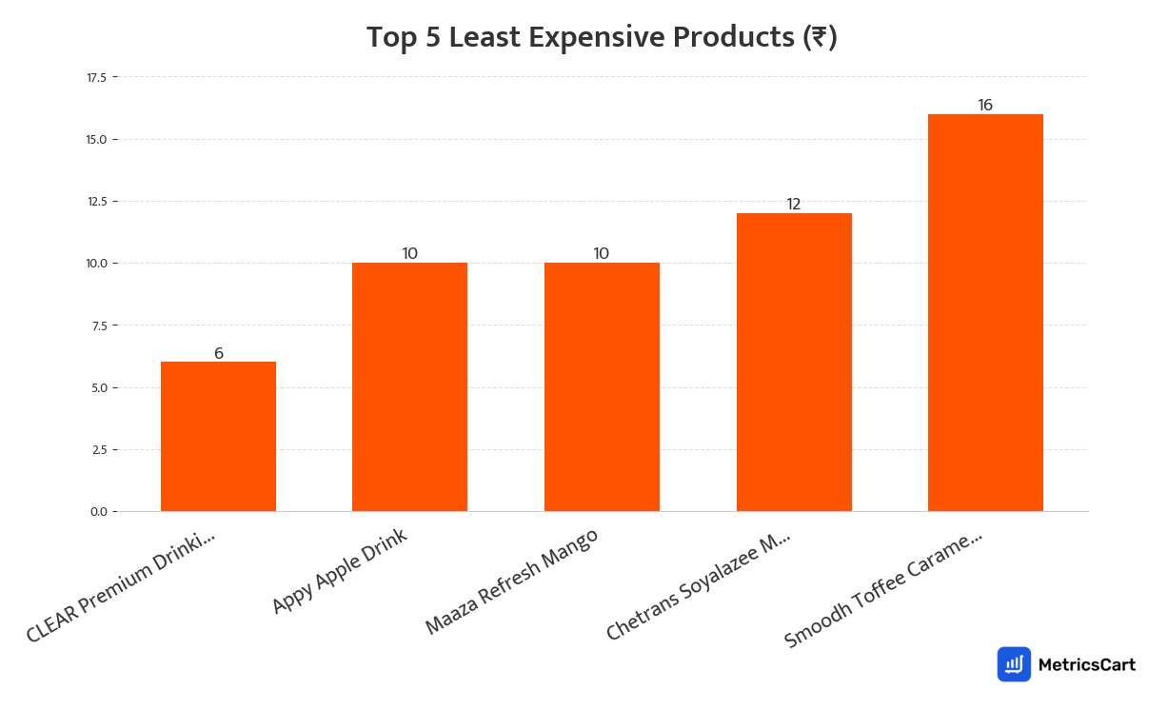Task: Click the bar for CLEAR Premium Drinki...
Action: click(218, 437)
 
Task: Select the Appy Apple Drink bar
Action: click(409, 387)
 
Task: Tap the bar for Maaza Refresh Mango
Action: click(602, 387)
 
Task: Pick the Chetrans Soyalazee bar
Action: click(794, 363)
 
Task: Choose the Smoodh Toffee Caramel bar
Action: click(985, 313)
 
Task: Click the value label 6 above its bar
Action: click(219, 353)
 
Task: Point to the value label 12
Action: click(794, 205)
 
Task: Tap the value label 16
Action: click(985, 105)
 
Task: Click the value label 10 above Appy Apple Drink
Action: click(410, 253)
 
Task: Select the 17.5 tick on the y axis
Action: click(96, 77)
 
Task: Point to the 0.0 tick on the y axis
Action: click(99, 512)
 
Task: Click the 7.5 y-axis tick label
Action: click(99, 325)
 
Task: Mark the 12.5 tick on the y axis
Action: click(96, 201)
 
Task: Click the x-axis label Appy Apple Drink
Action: click(340, 571)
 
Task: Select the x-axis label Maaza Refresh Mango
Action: click(512, 582)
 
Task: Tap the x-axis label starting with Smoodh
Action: click(883, 590)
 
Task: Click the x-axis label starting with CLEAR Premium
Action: click(121, 587)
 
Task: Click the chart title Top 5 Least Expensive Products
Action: click(602, 37)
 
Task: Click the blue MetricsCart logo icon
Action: click(1014, 664)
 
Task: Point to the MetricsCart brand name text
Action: click(1086, 665)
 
